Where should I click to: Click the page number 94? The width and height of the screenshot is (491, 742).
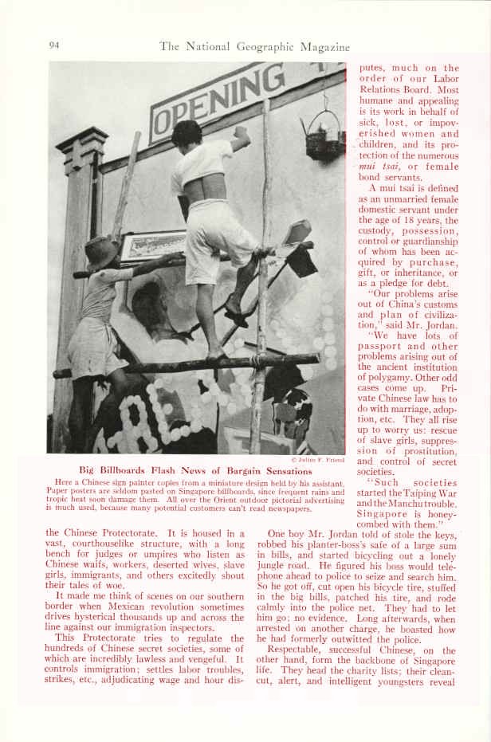[55, 45]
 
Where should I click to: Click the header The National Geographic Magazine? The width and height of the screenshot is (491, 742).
[254, 46]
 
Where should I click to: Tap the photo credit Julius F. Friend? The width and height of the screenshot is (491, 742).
[318, 461]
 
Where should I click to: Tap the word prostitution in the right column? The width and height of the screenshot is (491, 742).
[423, 450]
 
